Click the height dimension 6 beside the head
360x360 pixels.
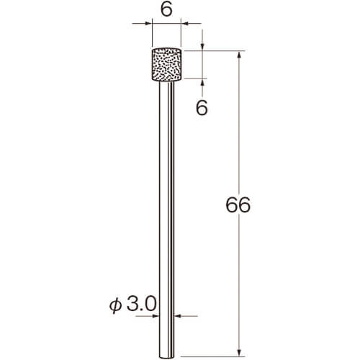pyautogui.click(x=202, y=108)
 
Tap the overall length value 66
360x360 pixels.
pyautogui.click(x=238, y=205)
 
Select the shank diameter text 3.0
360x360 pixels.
pyautogui.click(x=141, y=304)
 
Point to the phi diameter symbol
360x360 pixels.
pyautogui.click(x=116, y=305)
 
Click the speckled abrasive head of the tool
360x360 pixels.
pyautogui.click(x=166, y=65)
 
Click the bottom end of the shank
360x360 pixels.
pyautogui.click(x=167, y=358)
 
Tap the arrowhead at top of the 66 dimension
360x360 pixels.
pyautogui.click(x=239, y=55)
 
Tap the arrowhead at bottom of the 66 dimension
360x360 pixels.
pyautogui.click(x=239, y=352)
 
